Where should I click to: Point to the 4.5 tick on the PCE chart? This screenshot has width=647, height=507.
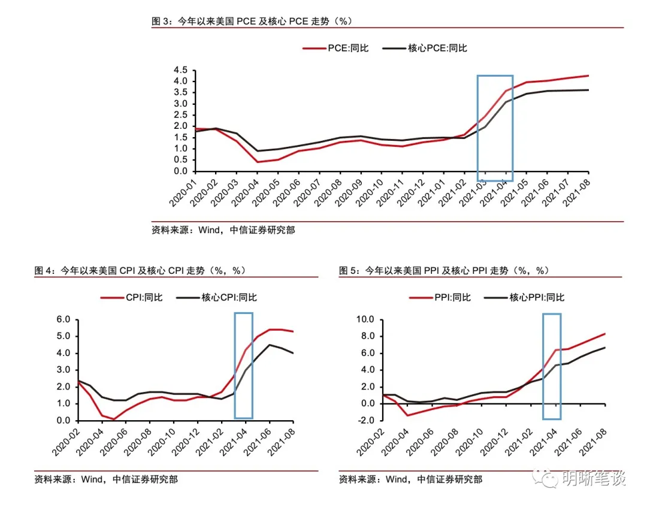click(x=181, y=70)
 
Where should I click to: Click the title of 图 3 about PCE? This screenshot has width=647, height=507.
click(x=252, y=21)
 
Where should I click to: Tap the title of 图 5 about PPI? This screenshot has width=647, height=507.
click(x=444, y=271)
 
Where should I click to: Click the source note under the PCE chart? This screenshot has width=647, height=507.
click(x=223, y=230)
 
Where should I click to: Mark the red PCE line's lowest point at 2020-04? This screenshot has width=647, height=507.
click(x=257, y=162)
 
